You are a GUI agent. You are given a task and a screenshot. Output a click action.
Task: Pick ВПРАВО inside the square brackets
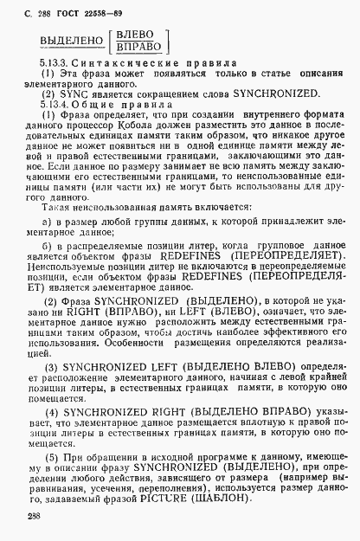tap(138, 49)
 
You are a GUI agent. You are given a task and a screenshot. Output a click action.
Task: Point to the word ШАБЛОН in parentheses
tap(262, 498)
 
